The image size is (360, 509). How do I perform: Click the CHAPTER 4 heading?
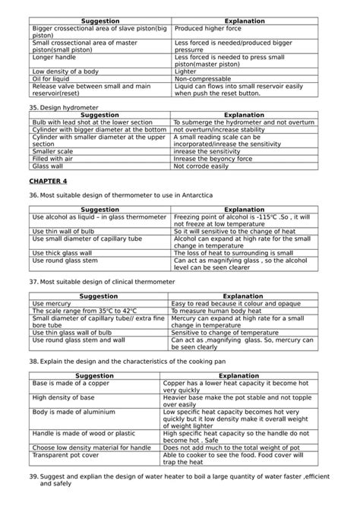click(x=48, y=181)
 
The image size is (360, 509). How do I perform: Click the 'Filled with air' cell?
click(x=52, y=158)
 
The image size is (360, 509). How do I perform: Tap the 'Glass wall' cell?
click(x=48, y=166)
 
